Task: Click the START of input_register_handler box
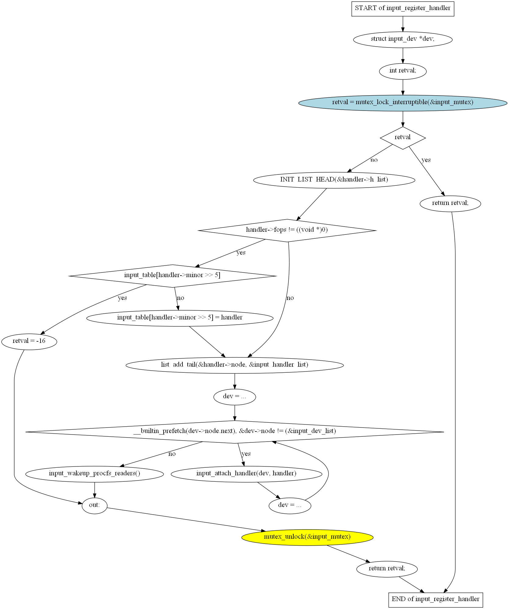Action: point(402,9)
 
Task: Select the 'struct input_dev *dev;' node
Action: point(402,39)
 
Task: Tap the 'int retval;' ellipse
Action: point(402,71)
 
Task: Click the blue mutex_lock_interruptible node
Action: point(402,103)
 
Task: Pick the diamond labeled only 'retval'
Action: point(402,138)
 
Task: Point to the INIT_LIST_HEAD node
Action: point(334,180)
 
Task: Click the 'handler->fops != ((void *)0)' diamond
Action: point(287,230)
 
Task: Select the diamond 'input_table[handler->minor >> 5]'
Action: point(172,276)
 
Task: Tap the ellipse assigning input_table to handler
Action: point(180,318)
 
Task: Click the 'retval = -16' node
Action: point(29,341)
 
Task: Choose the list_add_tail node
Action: point(235,365)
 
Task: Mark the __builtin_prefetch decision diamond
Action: point(235,431)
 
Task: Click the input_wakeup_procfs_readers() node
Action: point(94,474)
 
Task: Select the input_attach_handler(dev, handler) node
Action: point(246,474)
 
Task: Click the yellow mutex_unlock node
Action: point(307,537)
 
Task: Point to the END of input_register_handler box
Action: point(435,600)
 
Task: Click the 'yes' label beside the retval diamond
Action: point(426,160)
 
